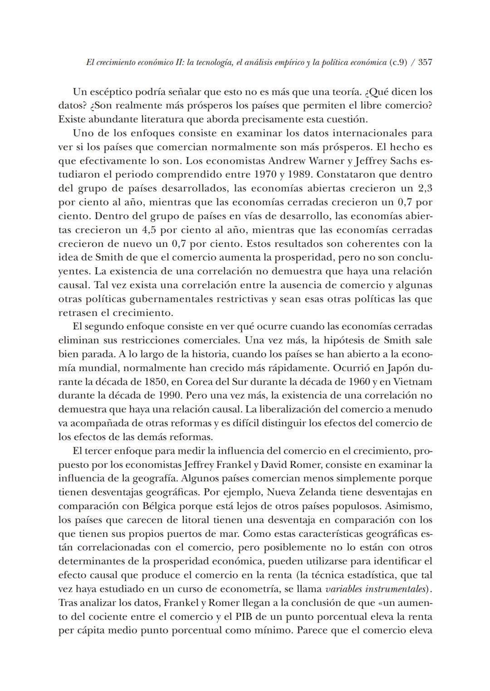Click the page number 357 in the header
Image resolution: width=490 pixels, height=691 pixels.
425,63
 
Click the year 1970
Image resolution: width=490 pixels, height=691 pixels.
266,175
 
